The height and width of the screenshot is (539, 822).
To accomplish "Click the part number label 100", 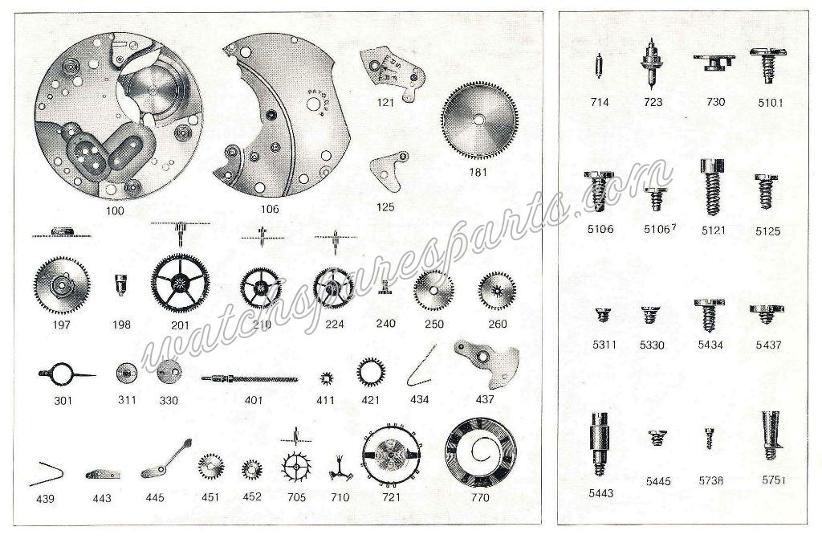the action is (x=115, y=211).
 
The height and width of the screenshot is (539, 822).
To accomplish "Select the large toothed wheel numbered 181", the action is (x=479, y=120).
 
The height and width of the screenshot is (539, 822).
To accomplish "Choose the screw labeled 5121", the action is (x=712, y=187).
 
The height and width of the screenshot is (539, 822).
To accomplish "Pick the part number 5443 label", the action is (x=600, y=493).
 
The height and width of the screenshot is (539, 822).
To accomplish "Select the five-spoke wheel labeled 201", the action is (x=180, y=284).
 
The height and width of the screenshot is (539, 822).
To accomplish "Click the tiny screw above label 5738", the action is (x=709, y=439).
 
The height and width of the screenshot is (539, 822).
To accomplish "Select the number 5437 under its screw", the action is (x=768, y=345).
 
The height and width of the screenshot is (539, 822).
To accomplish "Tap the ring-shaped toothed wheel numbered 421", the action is (x=371, y=373).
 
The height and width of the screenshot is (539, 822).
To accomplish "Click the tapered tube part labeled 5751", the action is (x=770, y=435).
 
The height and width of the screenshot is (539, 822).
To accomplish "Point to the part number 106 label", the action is (x=270, y=210).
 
